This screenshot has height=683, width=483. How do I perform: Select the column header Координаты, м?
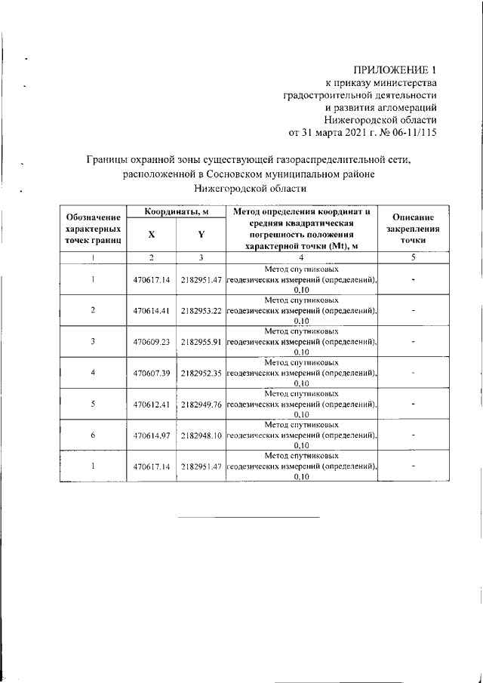[177, 213]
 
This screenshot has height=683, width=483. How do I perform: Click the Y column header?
[201, 235]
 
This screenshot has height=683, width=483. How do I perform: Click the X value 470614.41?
[152, 310]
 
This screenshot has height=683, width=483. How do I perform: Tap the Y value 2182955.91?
[201, 341]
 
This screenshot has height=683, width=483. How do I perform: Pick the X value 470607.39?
[152, 372]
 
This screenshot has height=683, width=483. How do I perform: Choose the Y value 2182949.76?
[201, 403]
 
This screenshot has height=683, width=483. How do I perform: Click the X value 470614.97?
[152, 435]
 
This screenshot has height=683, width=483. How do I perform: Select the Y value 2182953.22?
[201, 310]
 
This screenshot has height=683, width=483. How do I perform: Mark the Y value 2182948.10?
[201, 435]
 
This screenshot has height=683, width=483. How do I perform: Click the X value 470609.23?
[152, 341]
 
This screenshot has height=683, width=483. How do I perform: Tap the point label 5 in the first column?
[92, 403]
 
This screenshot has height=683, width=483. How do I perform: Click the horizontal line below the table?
[248, 517]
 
